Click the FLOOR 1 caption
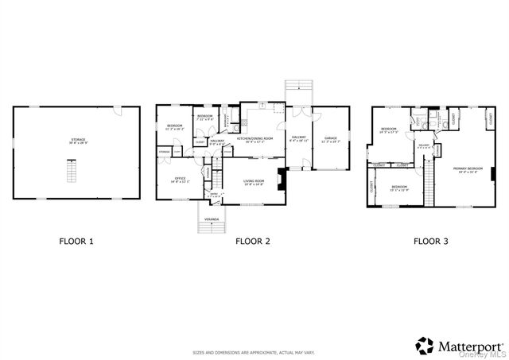point(76,240)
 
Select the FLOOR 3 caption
point(430,240)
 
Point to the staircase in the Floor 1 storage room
point(74,171)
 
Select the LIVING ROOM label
point(254,182)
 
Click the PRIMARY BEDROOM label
point(468,168)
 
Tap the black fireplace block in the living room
point(281,179)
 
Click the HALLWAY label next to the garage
point(299,139)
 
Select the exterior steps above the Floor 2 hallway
point(298,91)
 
